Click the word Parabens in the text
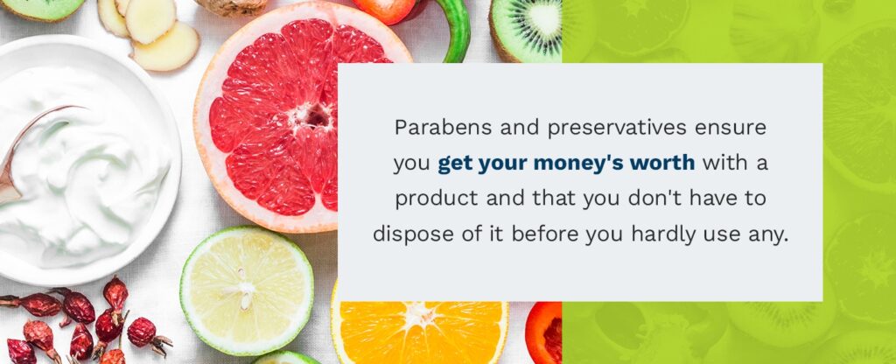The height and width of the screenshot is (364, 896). [433, 128]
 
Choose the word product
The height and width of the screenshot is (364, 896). [429, 199]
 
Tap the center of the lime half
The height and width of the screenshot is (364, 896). [247, 290]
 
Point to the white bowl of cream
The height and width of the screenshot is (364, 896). [87, 175]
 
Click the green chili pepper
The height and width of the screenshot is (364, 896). [457, 26]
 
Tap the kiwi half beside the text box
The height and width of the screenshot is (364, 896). [525, 31]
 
